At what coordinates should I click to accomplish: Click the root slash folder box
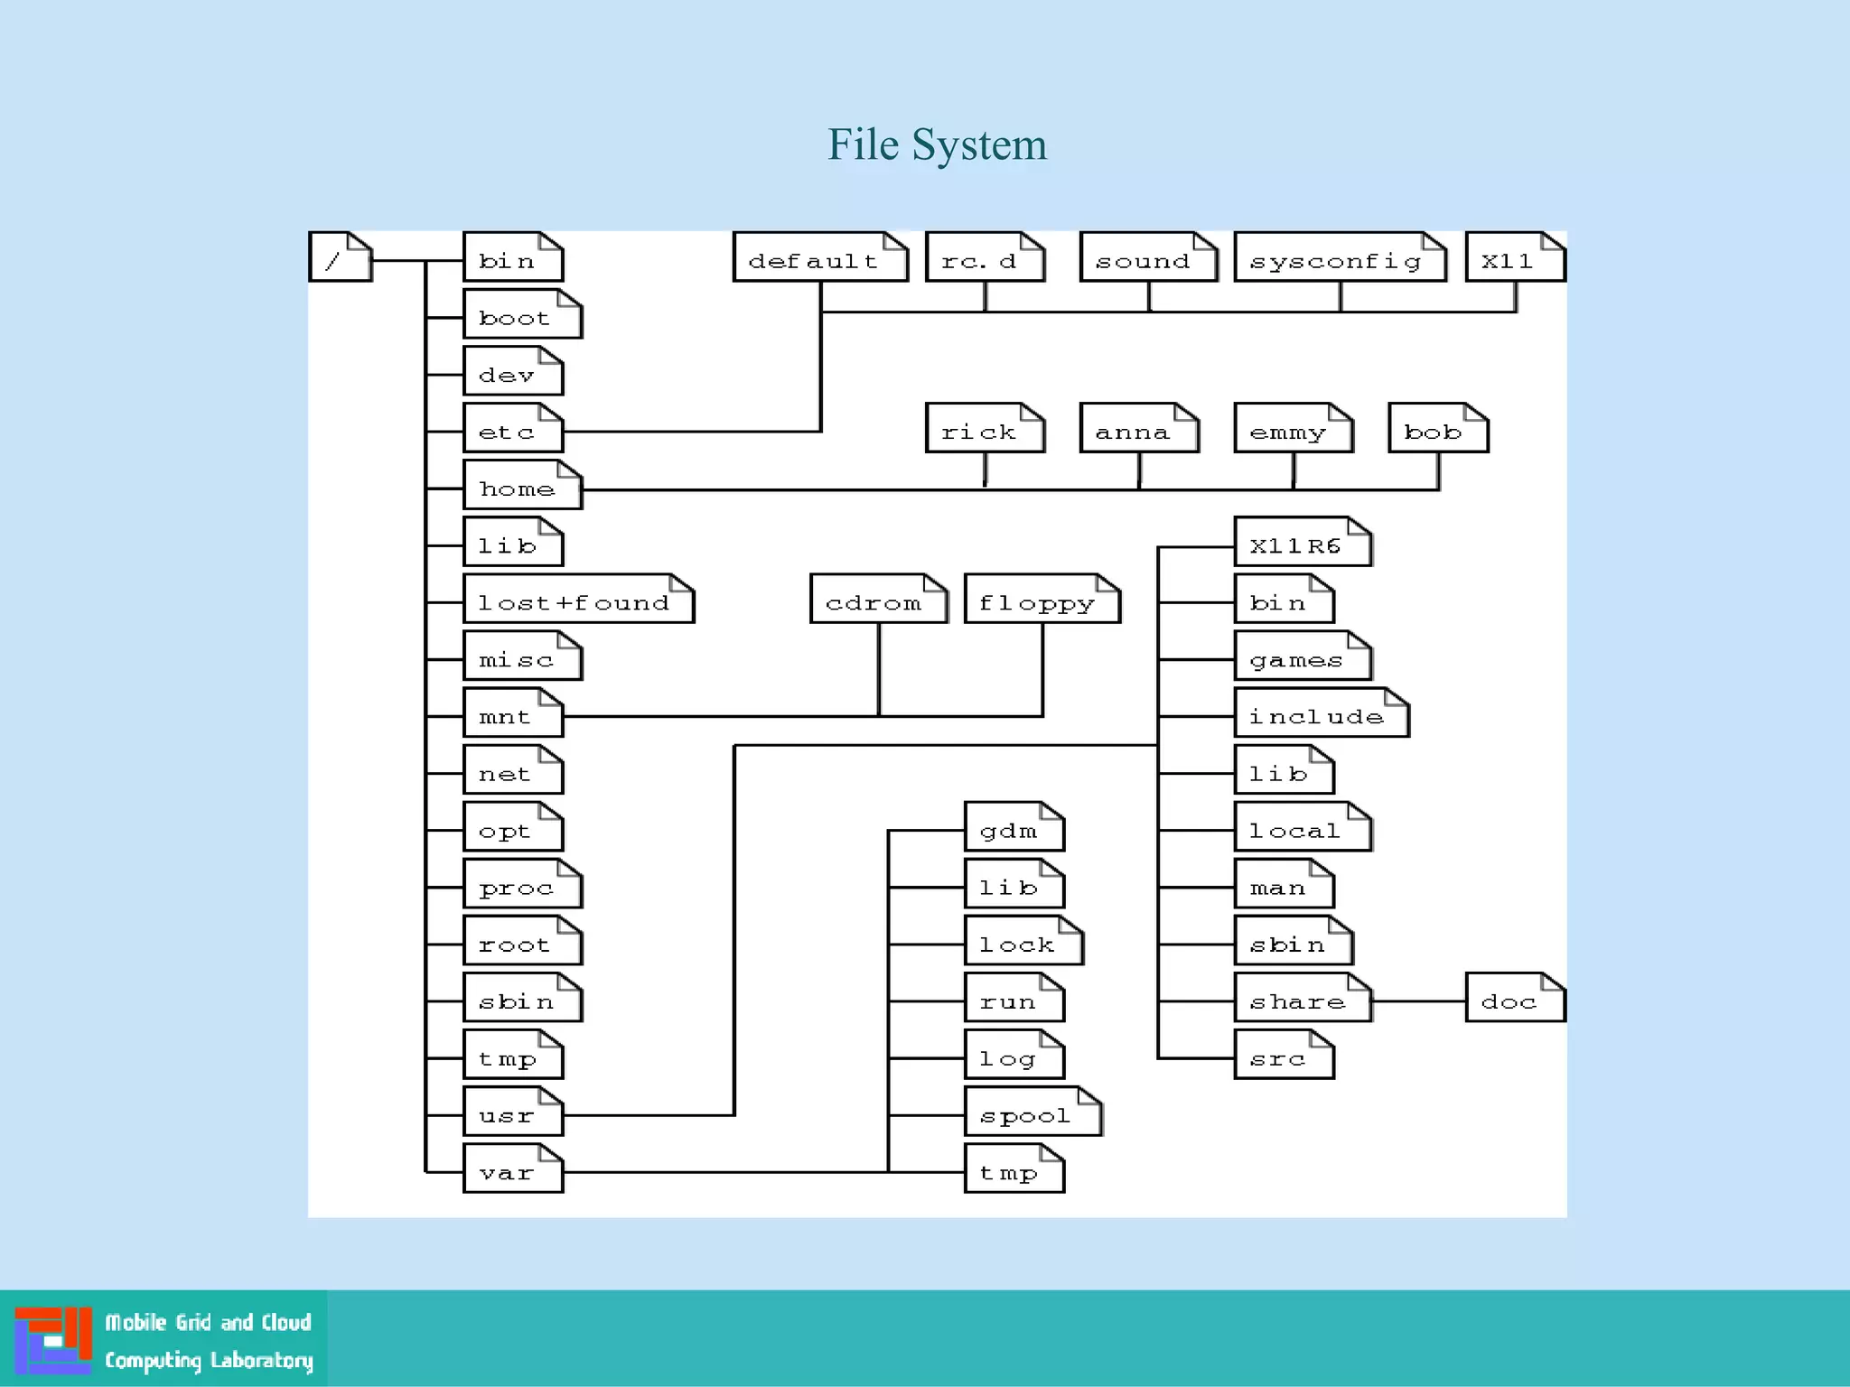[340, 257]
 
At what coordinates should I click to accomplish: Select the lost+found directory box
[578, 600]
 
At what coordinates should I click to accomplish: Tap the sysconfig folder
[1339, 258]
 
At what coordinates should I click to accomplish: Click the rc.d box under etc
[985, 258]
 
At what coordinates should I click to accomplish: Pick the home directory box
[522, 486]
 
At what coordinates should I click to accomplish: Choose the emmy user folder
[1293, 429]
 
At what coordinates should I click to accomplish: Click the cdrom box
[878, 600]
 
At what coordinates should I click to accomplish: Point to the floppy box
[1042, 600]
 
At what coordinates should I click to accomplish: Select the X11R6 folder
[1302, 543]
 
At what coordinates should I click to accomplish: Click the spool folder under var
[1032, 1112]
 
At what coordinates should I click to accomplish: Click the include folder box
[1321, 713]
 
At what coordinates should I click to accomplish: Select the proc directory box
[522, 885]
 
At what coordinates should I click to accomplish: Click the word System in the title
[979, 144]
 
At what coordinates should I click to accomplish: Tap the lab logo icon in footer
[52, 1339]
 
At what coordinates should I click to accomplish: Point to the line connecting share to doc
[1418, 1001]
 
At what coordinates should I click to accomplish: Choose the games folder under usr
[1302, 656]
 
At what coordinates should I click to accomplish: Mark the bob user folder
[1437, 429]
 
